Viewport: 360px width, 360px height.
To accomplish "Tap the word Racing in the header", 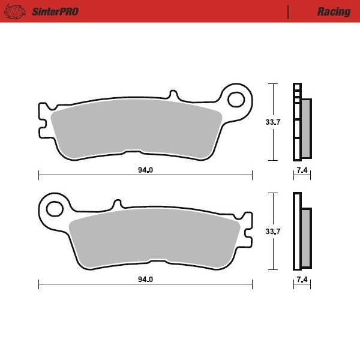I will [x=334, y=11].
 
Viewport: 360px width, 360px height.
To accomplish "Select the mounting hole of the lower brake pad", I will [x=55, y=208].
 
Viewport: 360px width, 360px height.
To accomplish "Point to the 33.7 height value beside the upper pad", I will [x=273, y=122].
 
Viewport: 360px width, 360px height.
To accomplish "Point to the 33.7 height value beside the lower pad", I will [x=273, y=231].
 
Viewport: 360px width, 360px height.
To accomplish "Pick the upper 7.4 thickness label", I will [x=302, y=170].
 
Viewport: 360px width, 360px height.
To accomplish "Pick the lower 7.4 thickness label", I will [x=302, y=280].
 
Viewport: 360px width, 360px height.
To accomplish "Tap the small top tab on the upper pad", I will [x=173, y=95].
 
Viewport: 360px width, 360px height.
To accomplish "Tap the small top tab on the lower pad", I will [x=116, y=204].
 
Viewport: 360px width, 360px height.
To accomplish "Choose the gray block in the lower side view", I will [x=306, y=237].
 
